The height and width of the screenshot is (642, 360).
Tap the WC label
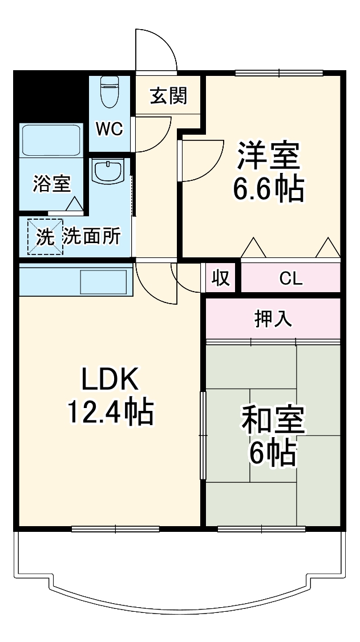click(x=108, y=130)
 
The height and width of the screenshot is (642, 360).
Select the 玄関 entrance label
click(x=168, y=96)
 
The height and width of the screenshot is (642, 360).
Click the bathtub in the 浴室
click(x=50, y=139)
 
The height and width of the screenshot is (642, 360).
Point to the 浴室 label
click(x=51, y=184)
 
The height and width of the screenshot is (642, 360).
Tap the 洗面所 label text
click(x=91, y=236)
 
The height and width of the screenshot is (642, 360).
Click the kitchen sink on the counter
click(x=103, y=282)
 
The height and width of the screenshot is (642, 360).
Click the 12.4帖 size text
click(x=110, y=411)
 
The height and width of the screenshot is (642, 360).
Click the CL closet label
click(x=291, y=279)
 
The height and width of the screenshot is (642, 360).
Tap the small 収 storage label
click(x=221, y=278)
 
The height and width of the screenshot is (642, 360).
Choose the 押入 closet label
click(x=273, y=319)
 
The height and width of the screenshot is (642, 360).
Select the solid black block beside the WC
click(x=50, y=94)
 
